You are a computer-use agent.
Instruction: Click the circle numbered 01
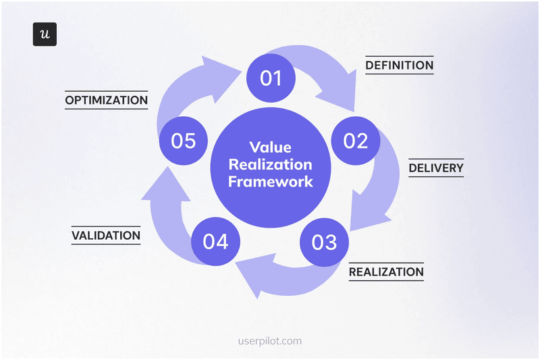coord(270,78)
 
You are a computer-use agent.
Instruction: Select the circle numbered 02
coord(355,140)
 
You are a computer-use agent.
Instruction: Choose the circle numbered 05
coord(183,140)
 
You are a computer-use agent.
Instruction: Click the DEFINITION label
coord(399,66)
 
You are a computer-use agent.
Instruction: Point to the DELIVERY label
coord(436,168)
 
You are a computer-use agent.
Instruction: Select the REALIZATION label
coord(386,272)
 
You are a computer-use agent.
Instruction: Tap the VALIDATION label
coord(106,236)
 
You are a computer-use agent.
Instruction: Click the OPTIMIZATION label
coord(106,100)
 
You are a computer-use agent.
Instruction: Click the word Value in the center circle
coord(270,147)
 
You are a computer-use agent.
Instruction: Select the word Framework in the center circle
coord(270,181)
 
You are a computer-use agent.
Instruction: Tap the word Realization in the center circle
coord(270,164)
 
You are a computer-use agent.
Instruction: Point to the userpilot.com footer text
coord(269,340)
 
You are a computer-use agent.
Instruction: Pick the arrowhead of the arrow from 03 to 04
coord(248,269)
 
